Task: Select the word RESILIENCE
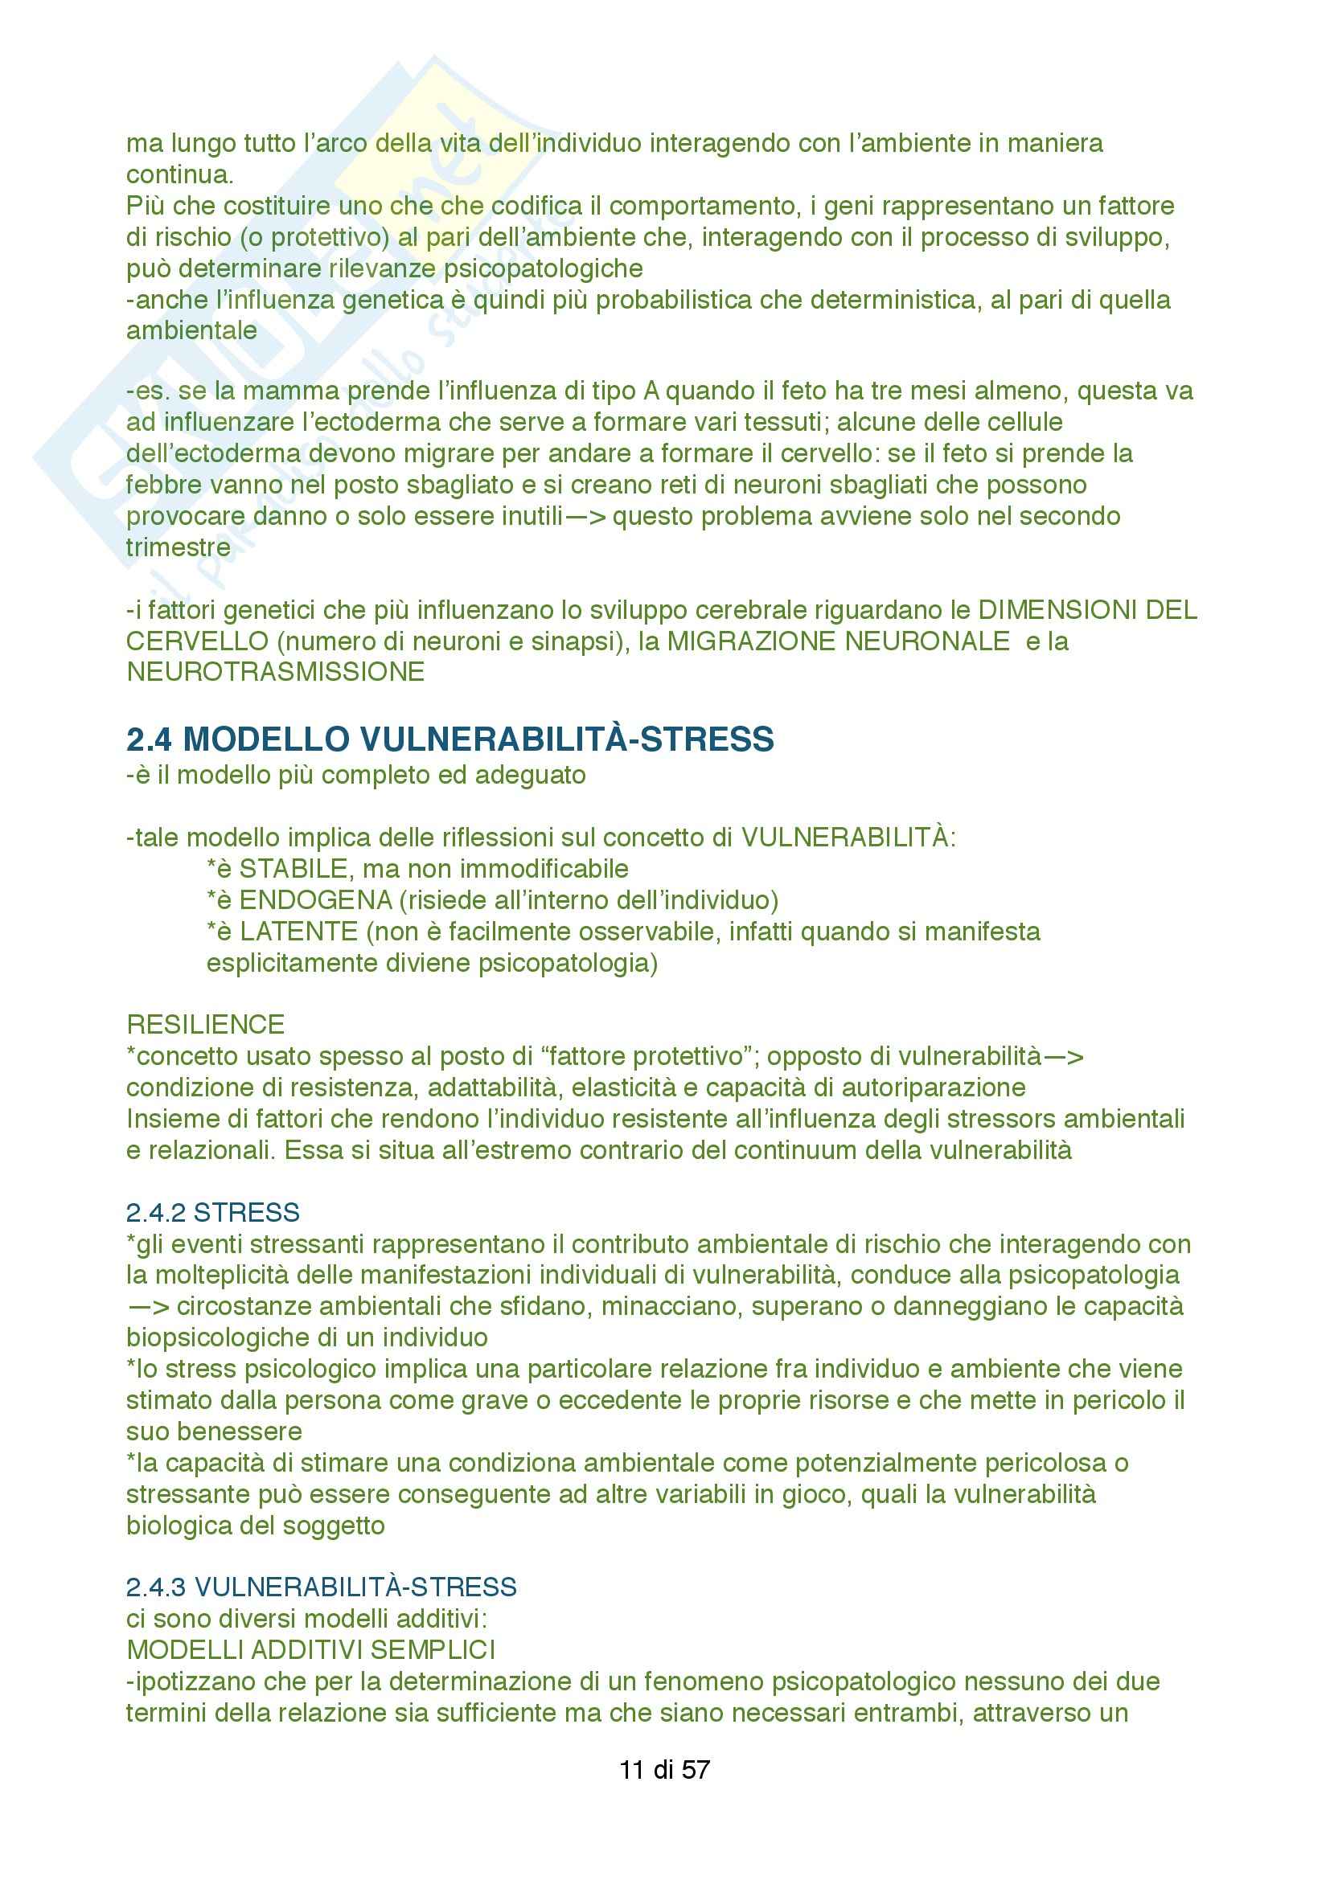click(x=206, y=1024)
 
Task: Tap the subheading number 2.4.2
click(x=156, y=1212)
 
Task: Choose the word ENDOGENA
click(x=316, y=900)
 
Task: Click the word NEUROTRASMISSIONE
click(x=275, y=672)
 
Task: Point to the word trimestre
click(x=179, y=547)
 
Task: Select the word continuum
click(x=789, y=1150)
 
